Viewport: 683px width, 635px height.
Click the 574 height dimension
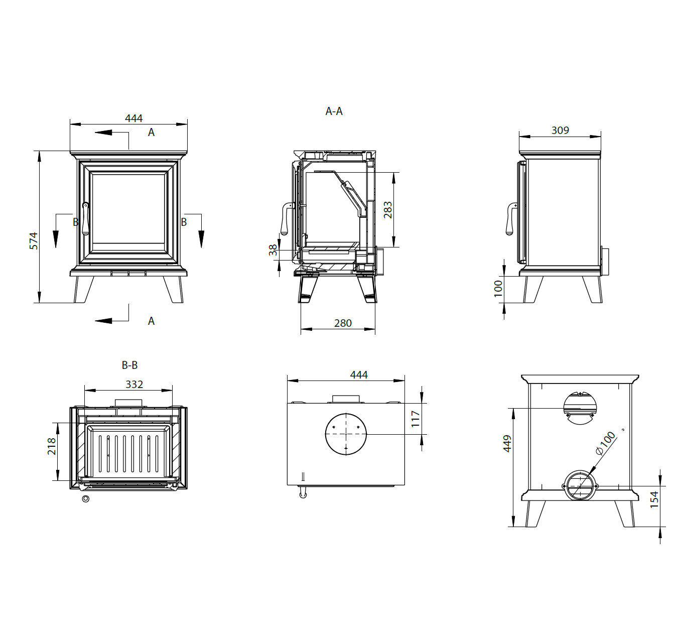coord(33,241)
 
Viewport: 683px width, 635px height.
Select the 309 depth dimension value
coord(560,131)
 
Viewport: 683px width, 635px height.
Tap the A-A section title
coord(334,111)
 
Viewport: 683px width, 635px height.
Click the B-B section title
coord(129,365)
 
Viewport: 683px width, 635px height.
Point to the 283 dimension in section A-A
coord(388,210)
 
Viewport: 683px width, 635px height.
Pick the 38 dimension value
coord(273,250)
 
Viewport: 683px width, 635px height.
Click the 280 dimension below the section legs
coord(343,323)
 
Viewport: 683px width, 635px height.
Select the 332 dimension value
coord(134,385)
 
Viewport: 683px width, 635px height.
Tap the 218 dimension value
coord(52,446)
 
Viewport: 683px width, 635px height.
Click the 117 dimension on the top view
coord(415,419)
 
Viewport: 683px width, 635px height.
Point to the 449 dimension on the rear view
coord(507,444)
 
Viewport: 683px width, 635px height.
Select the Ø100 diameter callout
coord(606,443)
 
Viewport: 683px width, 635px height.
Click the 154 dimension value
coord(654,500)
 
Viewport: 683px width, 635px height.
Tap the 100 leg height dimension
coord(498,289)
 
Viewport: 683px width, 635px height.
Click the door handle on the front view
coord(86,219)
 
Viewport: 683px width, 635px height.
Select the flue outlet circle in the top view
coord(346,434)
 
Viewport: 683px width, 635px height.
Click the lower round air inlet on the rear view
coord(580,486)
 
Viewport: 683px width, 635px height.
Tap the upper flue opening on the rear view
coord(580,407)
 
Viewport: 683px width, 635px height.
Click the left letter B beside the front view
coord(76,222)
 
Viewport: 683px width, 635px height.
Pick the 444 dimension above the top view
coord(359,375)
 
